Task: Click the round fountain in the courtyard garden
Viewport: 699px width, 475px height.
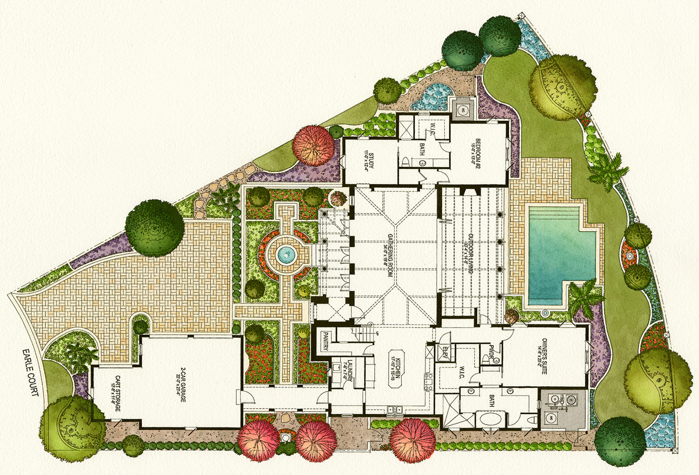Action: tap(285, 253)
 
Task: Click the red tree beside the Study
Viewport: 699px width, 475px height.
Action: tap(313, 145)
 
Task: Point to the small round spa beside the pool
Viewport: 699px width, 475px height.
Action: tap(544, 313)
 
